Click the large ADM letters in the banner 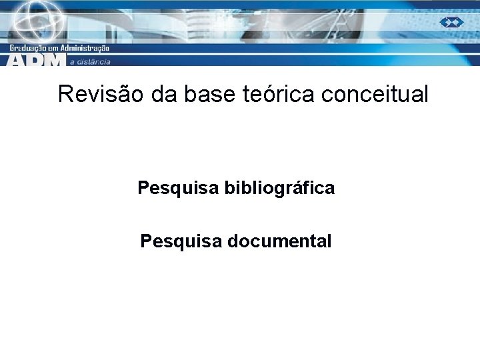pyautogui.click(x=37, y=60)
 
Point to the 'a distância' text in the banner pyautogui.click(x=90, y=62)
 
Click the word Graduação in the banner pyautogui.click(x=29, y=49)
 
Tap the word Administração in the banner pyautogui.click(x=84, y=49)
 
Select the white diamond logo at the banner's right pyautogui.click(x=451, y=22)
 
